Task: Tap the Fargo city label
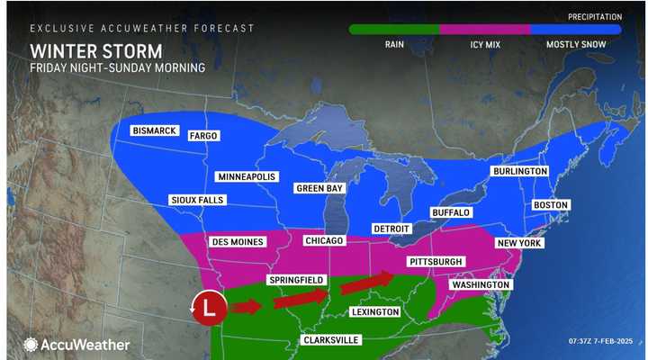tap(203, 136)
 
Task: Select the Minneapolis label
tap(246, 176)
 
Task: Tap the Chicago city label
tap(324, 241)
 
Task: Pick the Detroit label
tap(391, 229)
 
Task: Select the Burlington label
tap(519, 171)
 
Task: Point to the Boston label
tap(550, 205)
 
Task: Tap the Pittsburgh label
tap(436, 261)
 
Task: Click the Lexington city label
tap(375, 311)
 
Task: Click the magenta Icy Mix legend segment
tap(485, 29)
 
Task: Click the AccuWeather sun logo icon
tap(31, 344)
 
